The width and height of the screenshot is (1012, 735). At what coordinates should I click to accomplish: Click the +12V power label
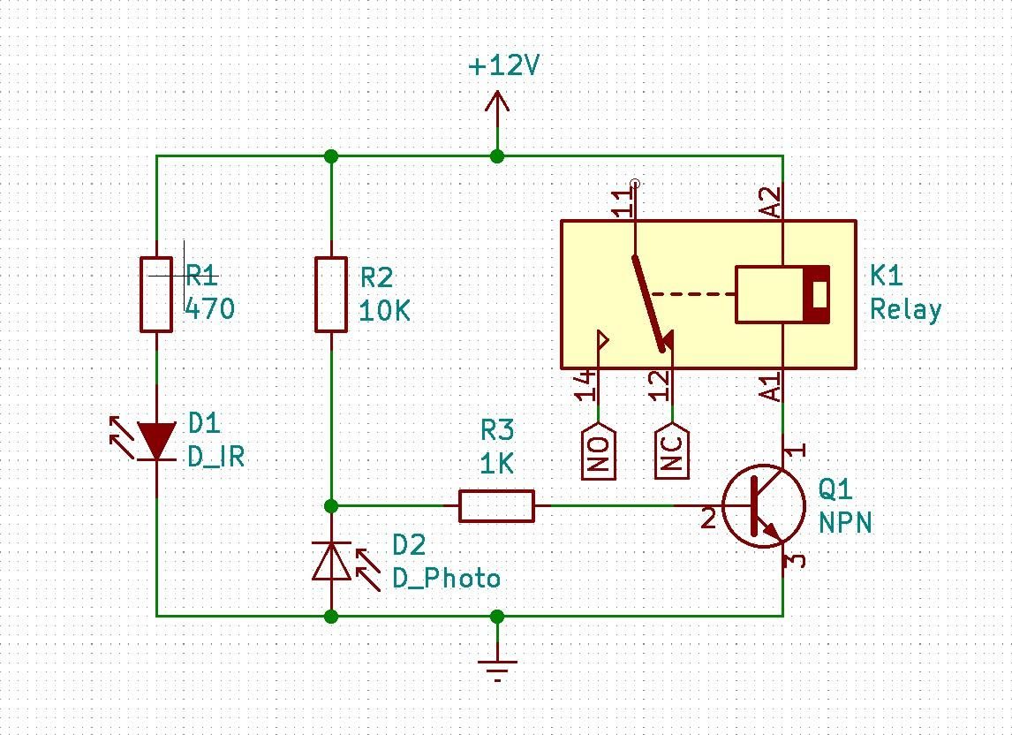503,66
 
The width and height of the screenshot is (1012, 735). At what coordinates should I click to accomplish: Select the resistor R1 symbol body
156,294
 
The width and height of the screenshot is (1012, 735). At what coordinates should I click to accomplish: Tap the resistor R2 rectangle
331,294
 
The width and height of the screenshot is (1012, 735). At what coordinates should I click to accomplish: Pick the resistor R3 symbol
496,506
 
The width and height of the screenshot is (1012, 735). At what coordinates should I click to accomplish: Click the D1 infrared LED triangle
156,441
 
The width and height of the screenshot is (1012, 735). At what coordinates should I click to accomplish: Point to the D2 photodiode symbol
331,561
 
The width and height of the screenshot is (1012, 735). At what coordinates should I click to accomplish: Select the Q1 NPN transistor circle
764,506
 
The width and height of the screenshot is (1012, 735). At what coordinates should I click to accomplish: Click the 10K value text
384,311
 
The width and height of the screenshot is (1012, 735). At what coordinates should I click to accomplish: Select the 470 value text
211,308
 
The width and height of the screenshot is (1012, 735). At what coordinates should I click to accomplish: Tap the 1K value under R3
496,464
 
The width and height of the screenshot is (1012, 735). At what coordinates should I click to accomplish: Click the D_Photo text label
446,579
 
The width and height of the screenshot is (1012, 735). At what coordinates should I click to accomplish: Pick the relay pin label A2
772,202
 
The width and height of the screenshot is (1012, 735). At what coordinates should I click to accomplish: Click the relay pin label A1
772,387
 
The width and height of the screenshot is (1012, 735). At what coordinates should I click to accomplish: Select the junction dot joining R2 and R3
331,506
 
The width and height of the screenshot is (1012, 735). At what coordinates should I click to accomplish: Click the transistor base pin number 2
708,519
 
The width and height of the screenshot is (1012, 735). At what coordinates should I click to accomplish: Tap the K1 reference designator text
887,276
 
